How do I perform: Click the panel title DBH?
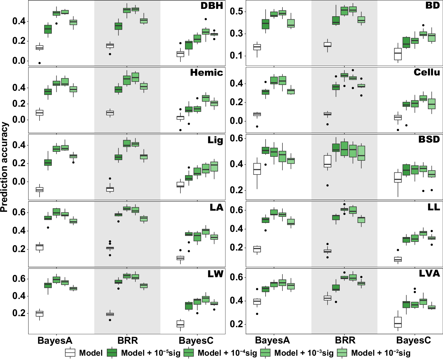[x=212, y=6]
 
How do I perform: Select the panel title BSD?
[x=429, y=140]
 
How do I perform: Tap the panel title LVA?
[x=429, y=274]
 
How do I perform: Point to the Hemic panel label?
[x=206, y=73]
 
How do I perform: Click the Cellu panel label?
[x=426, y=73]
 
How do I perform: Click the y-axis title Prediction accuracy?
[x=4, y=167]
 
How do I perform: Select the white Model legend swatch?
[x=70, y=353]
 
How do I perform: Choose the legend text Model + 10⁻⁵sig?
[x=150, y=353]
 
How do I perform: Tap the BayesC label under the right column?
[x=414, y=341]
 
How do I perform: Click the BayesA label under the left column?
[x=55, y=341]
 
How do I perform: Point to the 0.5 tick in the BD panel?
[x=236, y=12]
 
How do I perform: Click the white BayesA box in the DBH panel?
[x=40, y=48]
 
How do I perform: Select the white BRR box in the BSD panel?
[x=328, y=161]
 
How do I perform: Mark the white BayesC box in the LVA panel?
[x=398, y=322]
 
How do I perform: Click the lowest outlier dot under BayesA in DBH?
[x=40, y=63]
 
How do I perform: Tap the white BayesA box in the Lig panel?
[x=40, y=190]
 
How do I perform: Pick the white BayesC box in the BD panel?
[x=398, y=54]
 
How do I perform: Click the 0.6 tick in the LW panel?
[x=19, y=279]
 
